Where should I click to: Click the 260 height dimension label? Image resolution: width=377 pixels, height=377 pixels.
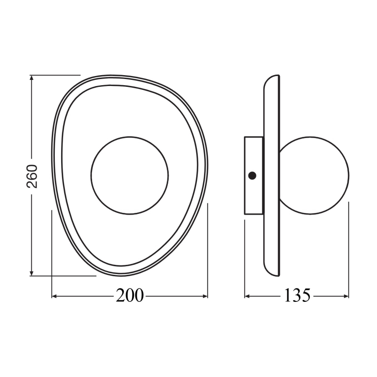coord(33,176)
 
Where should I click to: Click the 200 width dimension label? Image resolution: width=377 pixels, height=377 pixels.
coord(129,296)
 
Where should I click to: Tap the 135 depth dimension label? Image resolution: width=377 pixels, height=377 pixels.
coord(298,296)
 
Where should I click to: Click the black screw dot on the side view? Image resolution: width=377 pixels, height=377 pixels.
coord(251,176)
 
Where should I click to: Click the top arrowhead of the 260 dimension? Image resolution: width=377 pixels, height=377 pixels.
coord(32,79)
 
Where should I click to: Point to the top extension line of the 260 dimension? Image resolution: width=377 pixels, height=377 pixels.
coord(56,75)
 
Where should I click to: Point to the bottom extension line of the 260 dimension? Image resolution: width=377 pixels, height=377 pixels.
coord(65,275)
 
